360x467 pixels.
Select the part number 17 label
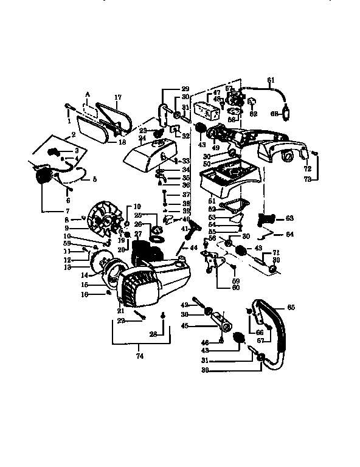click(118, 97)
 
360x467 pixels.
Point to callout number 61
click(271, 80)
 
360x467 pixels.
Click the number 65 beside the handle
click(291, 308)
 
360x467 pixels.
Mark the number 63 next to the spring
click(289, 217)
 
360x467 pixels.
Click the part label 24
click(142, 137)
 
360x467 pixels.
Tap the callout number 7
click(42, 210)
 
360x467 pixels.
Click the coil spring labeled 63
click(268, 218)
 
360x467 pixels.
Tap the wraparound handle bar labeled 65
click(274, 328)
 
